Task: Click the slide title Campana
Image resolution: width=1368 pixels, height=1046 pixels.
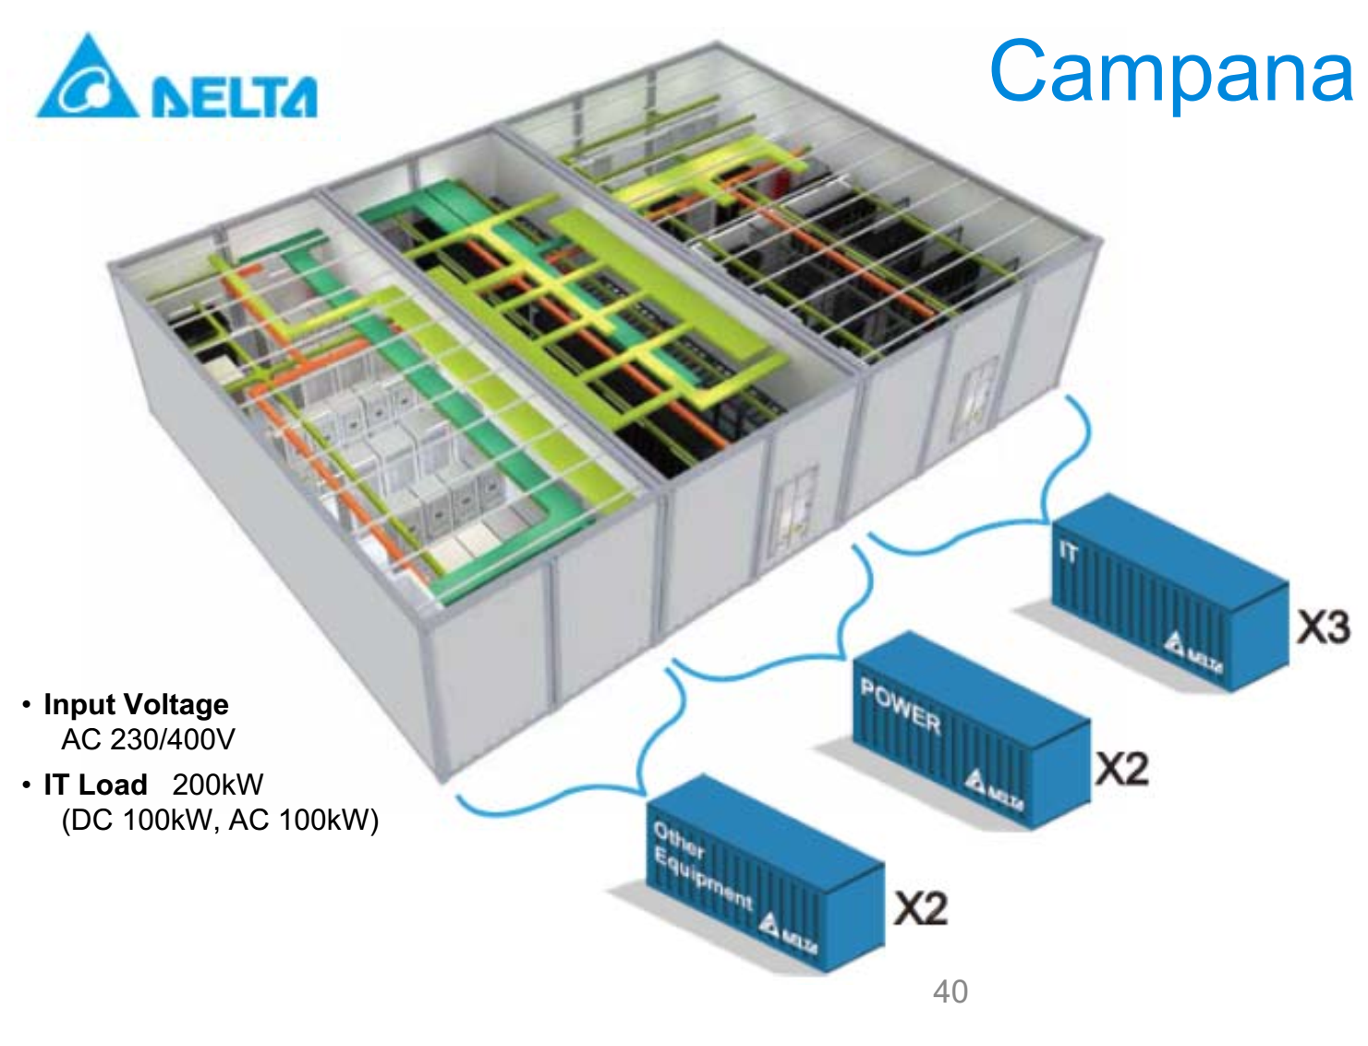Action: click(1170, 74)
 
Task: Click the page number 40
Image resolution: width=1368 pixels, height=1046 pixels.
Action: click(950, 991)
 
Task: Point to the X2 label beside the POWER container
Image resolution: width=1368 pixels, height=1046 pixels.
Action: click(1121, 769)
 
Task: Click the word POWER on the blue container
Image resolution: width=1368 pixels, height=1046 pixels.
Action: click(900, 705)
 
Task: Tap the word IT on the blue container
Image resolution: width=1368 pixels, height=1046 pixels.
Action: click(1068, 552)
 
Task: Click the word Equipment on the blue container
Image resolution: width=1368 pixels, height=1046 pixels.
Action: click(703, 877)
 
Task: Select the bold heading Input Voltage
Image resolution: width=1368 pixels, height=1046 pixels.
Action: click(136, 704)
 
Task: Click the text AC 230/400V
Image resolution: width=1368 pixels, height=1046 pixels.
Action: click(148, 739)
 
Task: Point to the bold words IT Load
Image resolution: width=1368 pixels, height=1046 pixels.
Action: click(95, 784)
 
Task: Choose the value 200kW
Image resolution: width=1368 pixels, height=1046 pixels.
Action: click(217, 784)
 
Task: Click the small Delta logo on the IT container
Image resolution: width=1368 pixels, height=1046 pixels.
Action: click(1192, 654)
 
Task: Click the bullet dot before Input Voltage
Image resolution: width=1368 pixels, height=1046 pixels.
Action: click(26, 705)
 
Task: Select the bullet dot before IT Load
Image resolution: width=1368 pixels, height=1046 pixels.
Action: click(26, 784)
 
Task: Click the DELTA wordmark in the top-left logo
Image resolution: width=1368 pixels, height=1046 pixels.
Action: click(235, 97)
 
